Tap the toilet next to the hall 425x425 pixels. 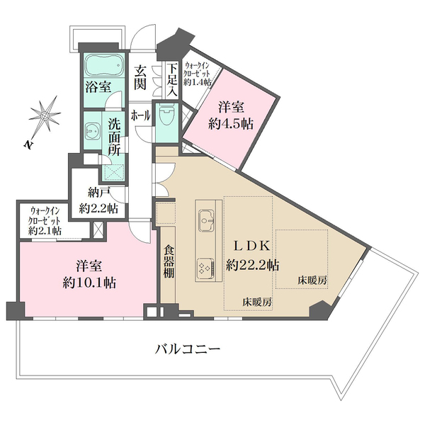click(167, 115)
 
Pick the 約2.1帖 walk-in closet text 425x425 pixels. click(45, 231)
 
